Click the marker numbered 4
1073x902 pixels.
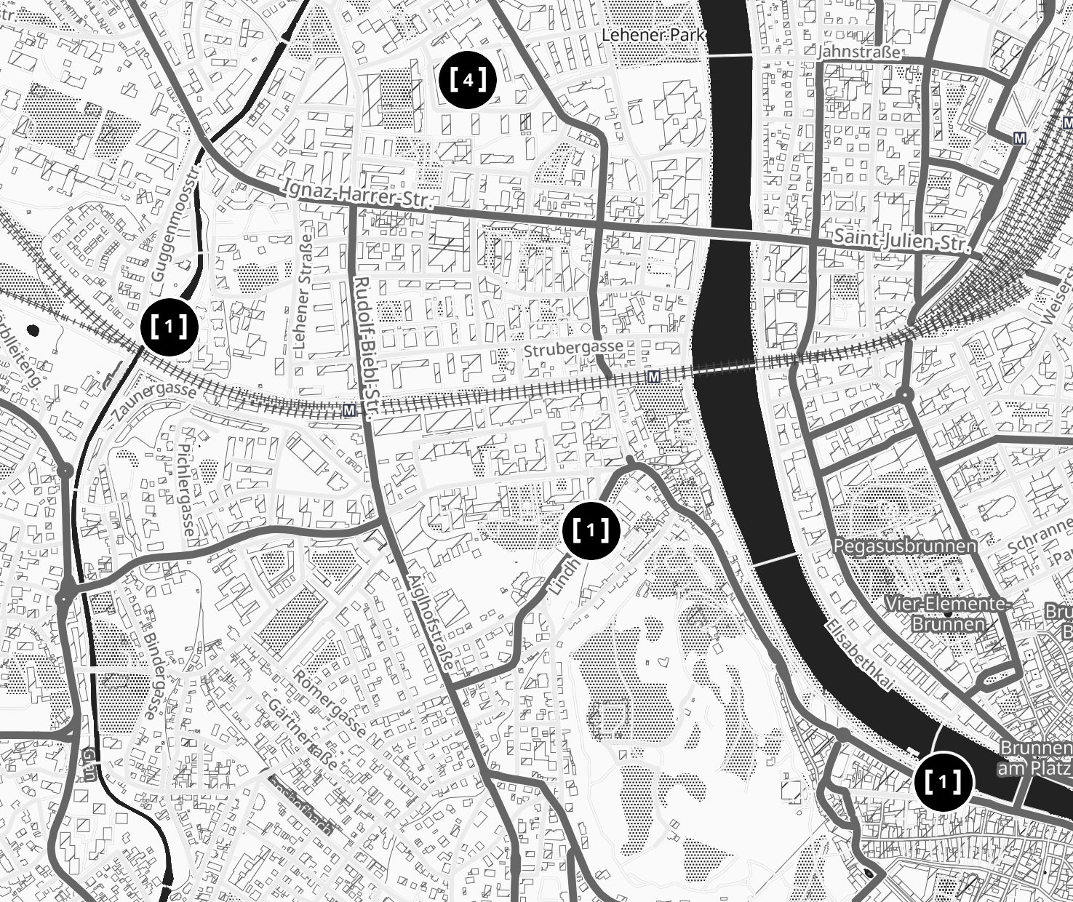(468, 80)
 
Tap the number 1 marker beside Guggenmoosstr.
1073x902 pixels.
(169, 327)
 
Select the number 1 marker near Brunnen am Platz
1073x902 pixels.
(943, 782)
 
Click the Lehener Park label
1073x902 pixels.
(654, 35)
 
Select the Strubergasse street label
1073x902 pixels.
(573, 348)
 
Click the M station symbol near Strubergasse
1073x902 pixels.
(653, 376)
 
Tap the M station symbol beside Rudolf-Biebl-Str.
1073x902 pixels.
(349, 411)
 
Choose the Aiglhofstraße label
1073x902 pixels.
(432, 626)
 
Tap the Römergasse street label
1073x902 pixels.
(331, 701)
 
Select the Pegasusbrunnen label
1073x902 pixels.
(904, 546)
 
